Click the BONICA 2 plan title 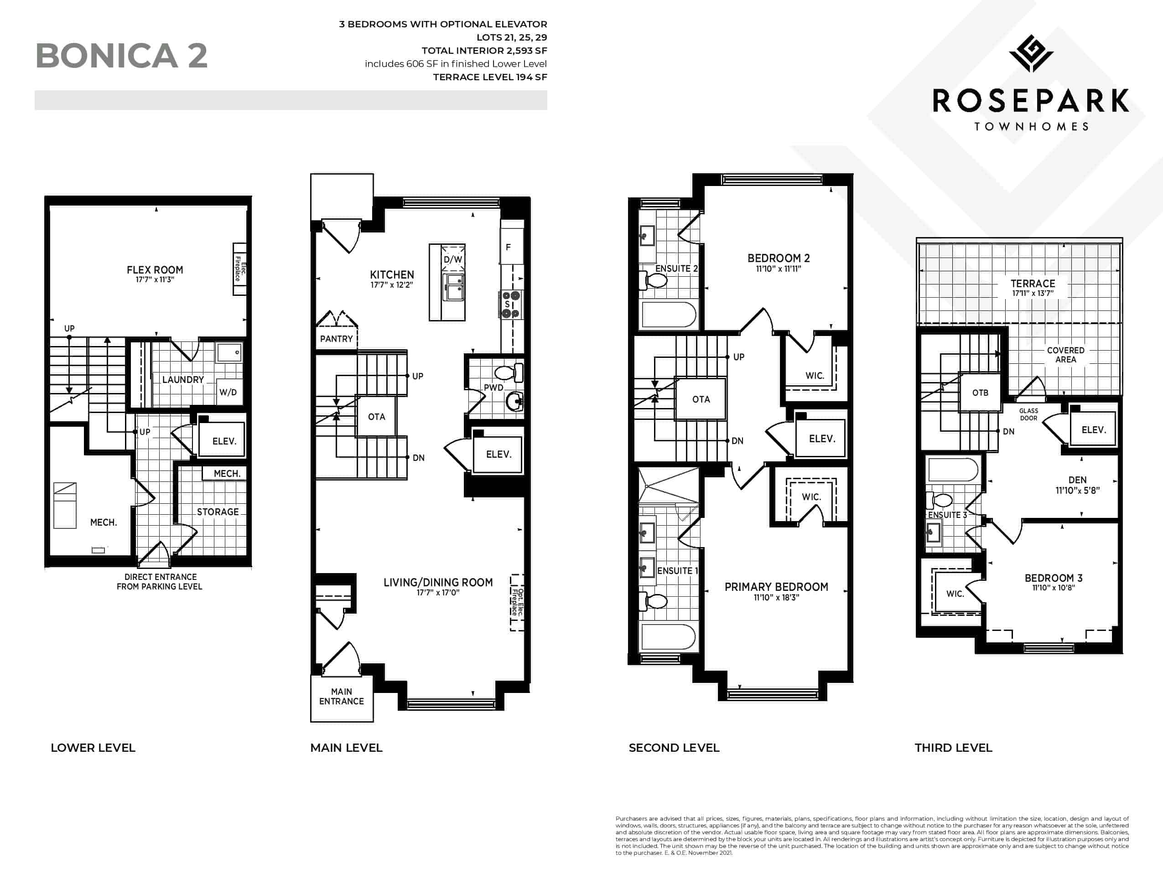click(x=121, y=56)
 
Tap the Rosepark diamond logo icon click(x=1031, y=53)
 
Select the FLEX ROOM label click(x=155, y=270)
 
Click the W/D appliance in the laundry click(x=228, y=392)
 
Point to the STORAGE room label click(x=218, y=512)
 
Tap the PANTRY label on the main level click(x=336, y=339)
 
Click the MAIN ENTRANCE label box click(x=342, y=698)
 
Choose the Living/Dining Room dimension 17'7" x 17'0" click(x=438, y=593)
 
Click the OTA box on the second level click(x=701, y=399)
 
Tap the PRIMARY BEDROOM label click(x=776, y=587)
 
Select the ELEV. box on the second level click(x=821, y=439)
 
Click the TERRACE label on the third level click(x=1032, y=284)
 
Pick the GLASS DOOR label click(x=1028, y=414)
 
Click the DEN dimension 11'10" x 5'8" click(x=1077, y=491)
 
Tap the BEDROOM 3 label click(x=1054, y=578)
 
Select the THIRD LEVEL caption click(x=953, y=748)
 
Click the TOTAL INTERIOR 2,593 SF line click(x=484, y=51)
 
